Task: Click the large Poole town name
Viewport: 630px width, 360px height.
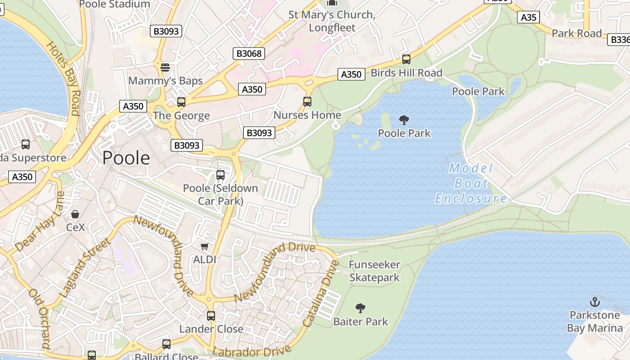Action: click(126, 158)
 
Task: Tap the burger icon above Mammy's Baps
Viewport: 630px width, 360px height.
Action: click(165, 67)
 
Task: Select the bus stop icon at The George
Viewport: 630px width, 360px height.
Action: click(181, 102)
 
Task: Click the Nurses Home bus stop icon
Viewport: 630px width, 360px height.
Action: click(307, 102)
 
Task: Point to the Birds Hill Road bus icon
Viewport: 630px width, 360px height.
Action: click(406, 59)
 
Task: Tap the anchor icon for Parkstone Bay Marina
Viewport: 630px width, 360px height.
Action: click(595, 302)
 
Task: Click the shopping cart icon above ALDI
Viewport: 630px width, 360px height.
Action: click(205, 246)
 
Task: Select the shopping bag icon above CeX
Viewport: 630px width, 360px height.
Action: click(75, 214)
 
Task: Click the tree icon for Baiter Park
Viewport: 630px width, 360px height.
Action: click(360, 308)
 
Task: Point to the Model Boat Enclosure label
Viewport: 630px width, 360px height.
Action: click(471, 183)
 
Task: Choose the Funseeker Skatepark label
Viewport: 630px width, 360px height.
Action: click(374, 271)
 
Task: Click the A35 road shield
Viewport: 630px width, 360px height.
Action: click(528, 17)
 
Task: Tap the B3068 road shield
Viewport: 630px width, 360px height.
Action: click(249, 54)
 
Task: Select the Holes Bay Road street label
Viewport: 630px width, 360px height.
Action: click(63, 78)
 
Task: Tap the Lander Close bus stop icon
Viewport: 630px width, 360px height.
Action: click(211, 316)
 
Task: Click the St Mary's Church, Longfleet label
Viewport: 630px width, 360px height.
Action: click(332, 21)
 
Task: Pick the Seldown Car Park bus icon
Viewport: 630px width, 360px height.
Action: click(220, 175)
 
